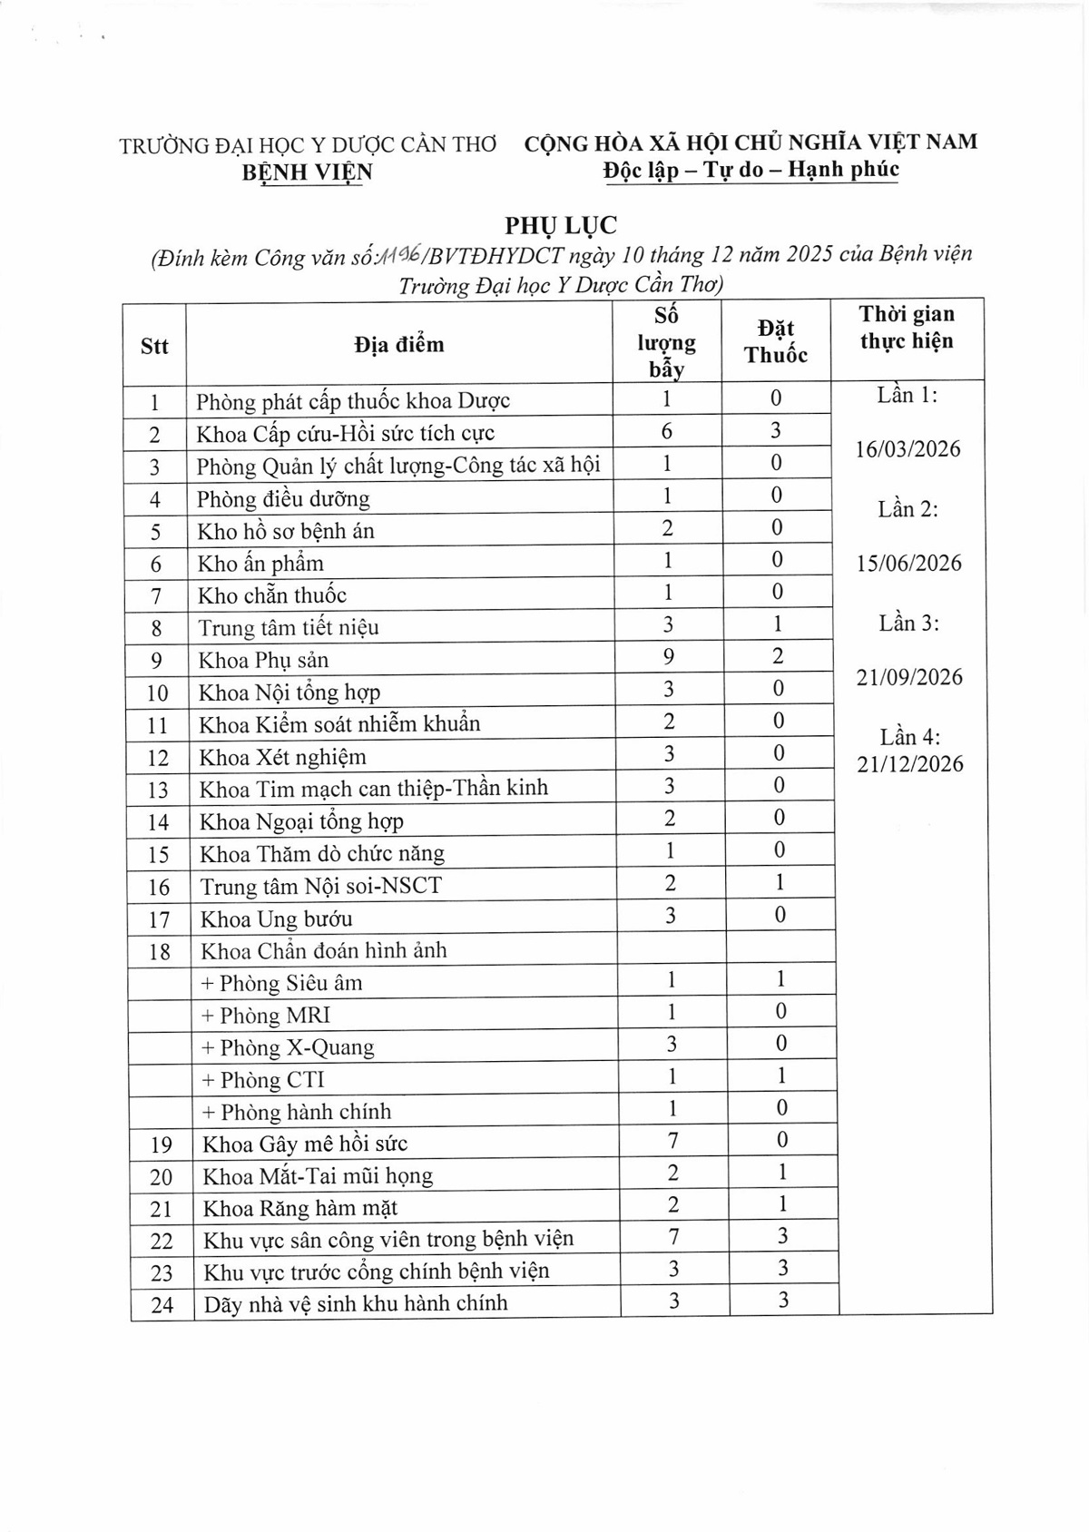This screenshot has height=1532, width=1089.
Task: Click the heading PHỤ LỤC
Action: tap(561, 224)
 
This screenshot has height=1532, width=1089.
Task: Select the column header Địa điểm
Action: tap(399, 345)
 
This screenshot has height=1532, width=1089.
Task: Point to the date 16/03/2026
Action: tap(907, 449)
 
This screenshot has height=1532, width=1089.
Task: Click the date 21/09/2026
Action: tap(909, 677)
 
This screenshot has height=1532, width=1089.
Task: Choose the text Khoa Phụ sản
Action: tap(264, 660)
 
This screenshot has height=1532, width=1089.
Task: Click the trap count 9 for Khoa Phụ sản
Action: tap(668, 656)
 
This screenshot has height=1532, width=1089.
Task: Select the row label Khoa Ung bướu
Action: tap(277, 918)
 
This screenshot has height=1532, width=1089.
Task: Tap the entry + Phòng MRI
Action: tap(266, 1015)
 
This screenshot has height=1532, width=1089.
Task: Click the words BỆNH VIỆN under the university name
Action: tap(307, 172)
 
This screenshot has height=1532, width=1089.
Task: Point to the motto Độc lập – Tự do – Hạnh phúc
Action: tap(751, 170)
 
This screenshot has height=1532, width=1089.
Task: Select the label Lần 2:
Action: tap(907, 509)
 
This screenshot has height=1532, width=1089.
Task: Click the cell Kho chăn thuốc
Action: tap(272, 595)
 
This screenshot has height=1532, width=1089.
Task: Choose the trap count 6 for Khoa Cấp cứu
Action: tap(667, 431)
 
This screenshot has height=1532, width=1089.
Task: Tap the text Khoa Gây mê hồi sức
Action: tap(305, 1144)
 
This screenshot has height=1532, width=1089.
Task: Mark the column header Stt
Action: tap(154, 346)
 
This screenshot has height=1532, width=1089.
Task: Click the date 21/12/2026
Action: tap(910, 764)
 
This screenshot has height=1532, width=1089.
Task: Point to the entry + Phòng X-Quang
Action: tap(288, 1047)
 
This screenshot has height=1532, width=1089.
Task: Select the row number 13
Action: tap(158, 790)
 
